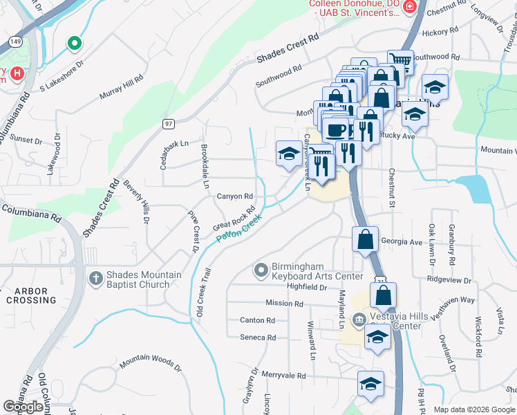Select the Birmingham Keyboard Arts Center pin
(x=261, y=270)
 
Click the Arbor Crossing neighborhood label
(x=32, y=295)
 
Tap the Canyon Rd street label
(x=235, y=196)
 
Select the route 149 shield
(x=15, y=41)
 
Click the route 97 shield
(x=168, y=123)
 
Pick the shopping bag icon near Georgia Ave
(x=365, y=239)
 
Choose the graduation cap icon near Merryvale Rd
(x=370, y=383)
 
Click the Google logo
(x=23, y=407)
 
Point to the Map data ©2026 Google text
(x=473, y=409)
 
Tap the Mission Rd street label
(x=284, y=304)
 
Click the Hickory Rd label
(x=440, y=32)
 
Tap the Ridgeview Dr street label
(x=449, y=281)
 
